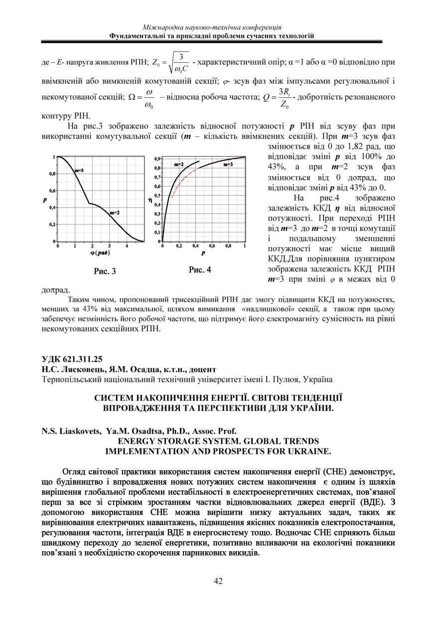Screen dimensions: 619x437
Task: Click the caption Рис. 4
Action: [x=200, y=270]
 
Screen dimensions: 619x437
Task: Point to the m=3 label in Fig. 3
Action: [x=79, y=171]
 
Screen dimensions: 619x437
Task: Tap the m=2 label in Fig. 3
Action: [x=114, y=213]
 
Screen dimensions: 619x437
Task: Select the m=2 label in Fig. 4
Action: [x=179, y=164]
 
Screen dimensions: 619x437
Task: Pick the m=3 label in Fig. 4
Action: [x=229, y=164]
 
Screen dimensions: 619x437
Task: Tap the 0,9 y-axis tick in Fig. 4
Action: [x=157, y=158]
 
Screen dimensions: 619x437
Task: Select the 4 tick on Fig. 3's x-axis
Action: [x=126, y=246]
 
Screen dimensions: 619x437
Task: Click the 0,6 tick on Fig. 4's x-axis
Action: [x=212, y=246]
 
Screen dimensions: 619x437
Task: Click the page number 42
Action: [x=218, y=581]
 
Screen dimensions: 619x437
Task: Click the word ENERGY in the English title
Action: [x=137, y=442]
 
